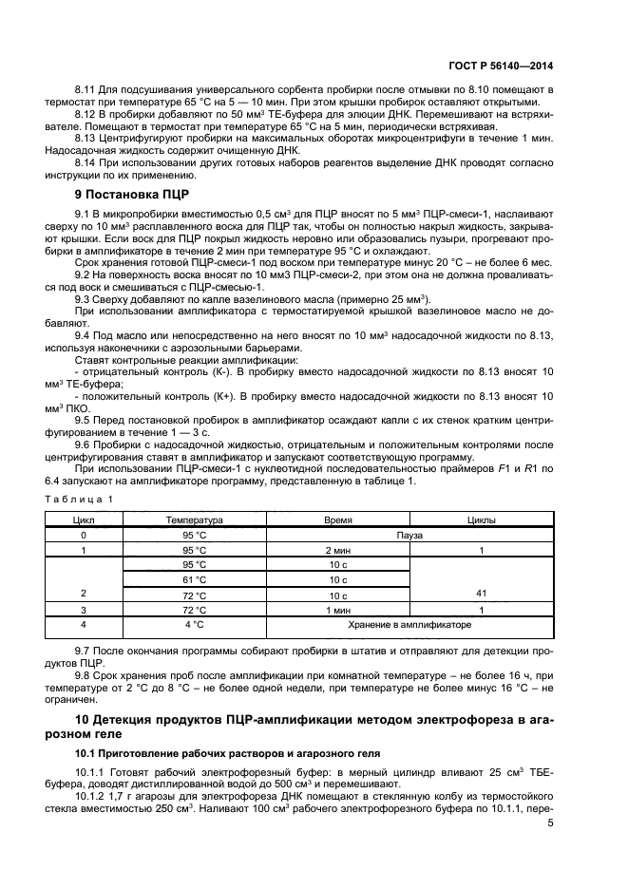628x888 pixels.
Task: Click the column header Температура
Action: [x=194, y=520]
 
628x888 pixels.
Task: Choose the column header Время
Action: [x=338, y=520]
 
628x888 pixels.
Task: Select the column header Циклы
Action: [x=482, y=520]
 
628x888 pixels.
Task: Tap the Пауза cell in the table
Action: [x=409, y=535]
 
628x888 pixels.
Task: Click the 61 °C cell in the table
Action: [x=194, y=578]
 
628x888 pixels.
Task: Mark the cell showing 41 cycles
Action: [x=482, y=594]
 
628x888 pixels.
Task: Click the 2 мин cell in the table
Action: [x=338, y=550]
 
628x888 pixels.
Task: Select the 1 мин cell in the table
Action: [x=338, y=609]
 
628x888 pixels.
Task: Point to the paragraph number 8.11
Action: [x=87, y=90]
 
